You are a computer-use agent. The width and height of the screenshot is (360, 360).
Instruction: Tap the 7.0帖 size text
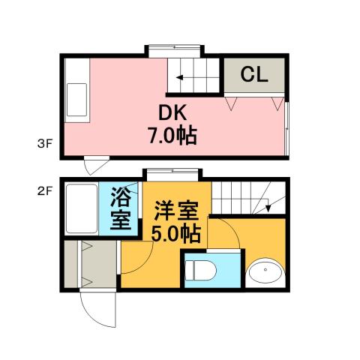coord(172,136)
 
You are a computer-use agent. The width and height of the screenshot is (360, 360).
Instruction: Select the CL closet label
coord(255,74)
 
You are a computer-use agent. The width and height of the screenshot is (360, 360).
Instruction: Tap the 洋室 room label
coord(176,209)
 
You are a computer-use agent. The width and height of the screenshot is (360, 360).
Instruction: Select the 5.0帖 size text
coord(176,233)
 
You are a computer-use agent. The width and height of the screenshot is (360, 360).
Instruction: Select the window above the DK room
coord(174,50)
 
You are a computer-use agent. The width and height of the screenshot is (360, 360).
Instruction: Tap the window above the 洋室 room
coord(171,173)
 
